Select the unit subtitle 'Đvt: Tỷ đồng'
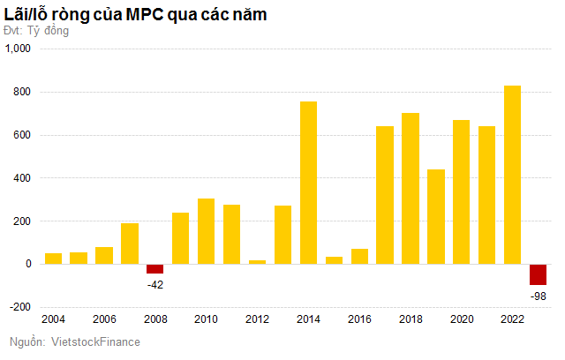coord(36,31)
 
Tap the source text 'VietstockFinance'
coord(97,341)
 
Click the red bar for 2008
coord(154,269)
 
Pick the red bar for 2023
coord(538,274)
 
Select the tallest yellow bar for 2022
coord(512,175)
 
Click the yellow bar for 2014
coord(308,183)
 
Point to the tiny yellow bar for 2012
coord(257,262)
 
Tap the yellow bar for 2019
coord(435,216)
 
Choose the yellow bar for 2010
coord(206,231)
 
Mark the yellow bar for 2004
coord(53,259)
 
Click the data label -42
coord(154,284)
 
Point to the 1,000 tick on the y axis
coord(18,49)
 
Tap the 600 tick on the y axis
coord(21,135)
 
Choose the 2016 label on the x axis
coord(358,319)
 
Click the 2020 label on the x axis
coord(461,319)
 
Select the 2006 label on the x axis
coord(103,319)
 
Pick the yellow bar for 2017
coord(385,195)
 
